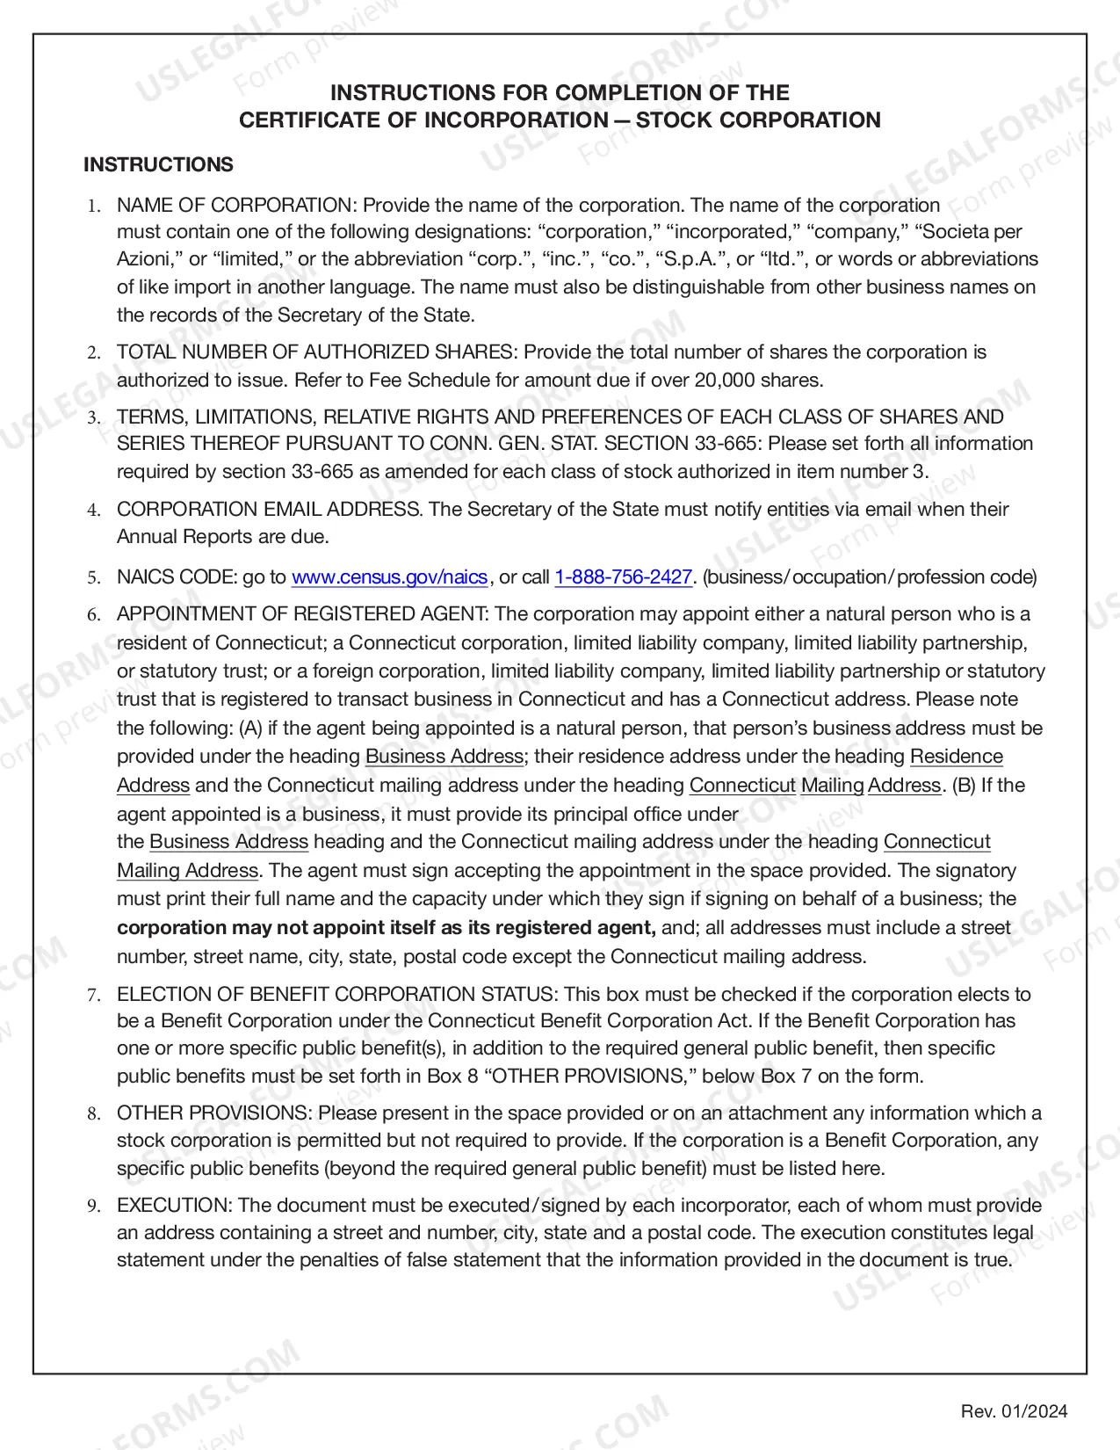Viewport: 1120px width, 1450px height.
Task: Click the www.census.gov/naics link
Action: tap(389, 577)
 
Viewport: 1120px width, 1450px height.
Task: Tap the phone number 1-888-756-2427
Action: tap(624, 577)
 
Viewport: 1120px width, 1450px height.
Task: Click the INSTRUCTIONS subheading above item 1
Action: tap(158, 165)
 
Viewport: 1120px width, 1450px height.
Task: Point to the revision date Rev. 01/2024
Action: tap(1014, 1411)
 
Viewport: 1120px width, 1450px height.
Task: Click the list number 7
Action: tap(93, 995)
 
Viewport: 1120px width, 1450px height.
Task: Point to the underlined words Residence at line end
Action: tap(956, 757)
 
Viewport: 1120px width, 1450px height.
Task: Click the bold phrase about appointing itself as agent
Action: tap(386, 928)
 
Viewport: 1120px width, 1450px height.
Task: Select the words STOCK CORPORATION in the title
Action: tap(758, 120)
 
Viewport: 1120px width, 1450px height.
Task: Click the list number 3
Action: tap(93, 417)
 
